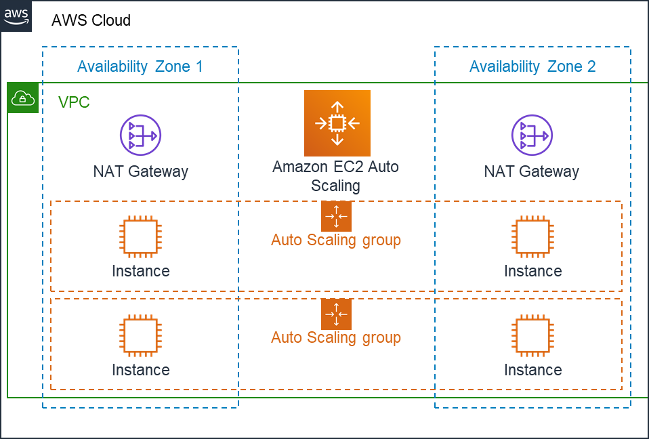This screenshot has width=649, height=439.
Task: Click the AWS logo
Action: click(x=16, y=16)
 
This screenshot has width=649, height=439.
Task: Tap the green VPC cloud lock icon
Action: click(x=23, y=98)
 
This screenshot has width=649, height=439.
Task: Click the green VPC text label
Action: click(x=74, y=102)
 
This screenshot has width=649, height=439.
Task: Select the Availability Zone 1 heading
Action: click(x=140, y=66)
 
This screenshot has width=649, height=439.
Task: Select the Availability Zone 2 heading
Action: click(x=532, y=66)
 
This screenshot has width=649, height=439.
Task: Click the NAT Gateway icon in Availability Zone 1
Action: click(x=140, y=135)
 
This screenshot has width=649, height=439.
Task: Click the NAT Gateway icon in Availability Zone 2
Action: click(x=531, y=135)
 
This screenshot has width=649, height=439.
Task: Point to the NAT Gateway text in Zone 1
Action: click(x=140, y=171)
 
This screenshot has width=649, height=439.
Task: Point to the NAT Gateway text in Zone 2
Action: click(x=531, y=171)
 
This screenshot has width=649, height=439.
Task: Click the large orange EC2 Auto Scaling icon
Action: click(x=337, y=123)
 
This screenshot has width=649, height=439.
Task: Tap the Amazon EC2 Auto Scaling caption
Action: click(x=335, y=175)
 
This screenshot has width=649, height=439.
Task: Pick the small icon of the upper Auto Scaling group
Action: click(x=336, y=216)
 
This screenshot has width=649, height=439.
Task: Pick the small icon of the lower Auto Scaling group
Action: click(x=336, y=314)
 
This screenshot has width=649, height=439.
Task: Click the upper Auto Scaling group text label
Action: click(x=336, y=240)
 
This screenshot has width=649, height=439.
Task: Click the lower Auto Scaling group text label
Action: click(x=336, y=337)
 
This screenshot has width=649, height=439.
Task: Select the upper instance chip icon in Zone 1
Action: click(x=140, y=237)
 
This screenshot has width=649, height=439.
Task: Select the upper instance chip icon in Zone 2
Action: click(x=532, y=237)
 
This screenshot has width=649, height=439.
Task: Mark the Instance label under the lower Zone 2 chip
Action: click(x=532, y=370)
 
